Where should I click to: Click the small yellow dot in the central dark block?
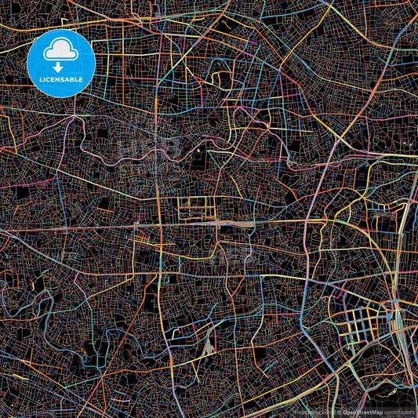click(199, 151)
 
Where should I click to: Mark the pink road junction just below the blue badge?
click(76, 118)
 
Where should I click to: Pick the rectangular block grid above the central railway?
click(193, 209)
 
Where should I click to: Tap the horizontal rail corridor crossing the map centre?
click(235, 223)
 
